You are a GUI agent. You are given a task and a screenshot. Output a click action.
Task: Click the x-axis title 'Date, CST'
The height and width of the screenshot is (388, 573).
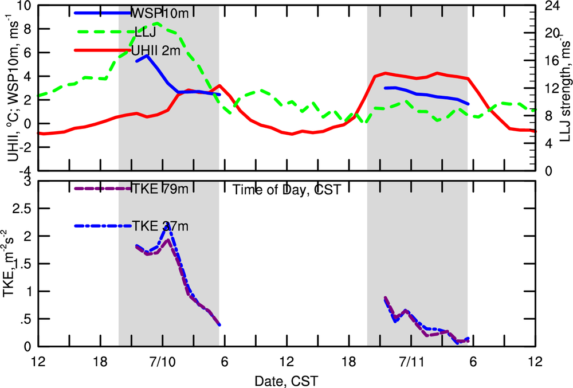tap(286, 380)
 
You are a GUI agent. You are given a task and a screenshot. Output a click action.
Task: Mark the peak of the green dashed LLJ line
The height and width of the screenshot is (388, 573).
tap(157, 23)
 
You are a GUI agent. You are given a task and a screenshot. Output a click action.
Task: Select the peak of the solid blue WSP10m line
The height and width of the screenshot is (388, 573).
tap(147, 56)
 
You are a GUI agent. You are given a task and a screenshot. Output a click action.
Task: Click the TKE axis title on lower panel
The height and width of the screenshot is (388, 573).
tap(10, 266)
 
